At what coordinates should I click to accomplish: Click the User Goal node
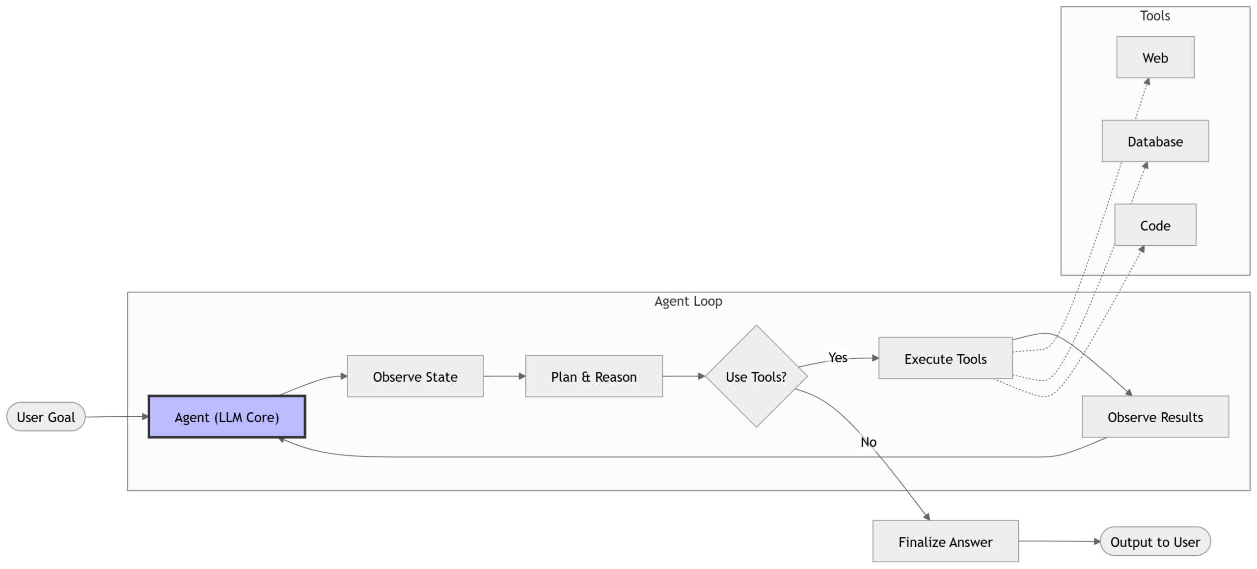pyautogui.click(x=46, y=417)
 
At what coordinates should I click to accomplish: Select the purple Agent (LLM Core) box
pyautogui.click(x=227, y=417)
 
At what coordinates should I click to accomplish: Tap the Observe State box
pyautogui.click(x=415, y=377)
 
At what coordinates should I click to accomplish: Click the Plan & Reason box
pyautogui.click(x=594, y=377)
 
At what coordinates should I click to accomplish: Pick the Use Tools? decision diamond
pyautogui.click(x=756, y=377)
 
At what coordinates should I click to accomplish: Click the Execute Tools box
pyautogui.click(x=945, y=359)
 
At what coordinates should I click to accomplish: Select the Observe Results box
pyautogui.click(x=1155, y=417)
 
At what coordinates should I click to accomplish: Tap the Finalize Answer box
pyautogui.click(x=945, y=541)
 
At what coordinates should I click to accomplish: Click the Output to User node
pyautogui.click(x=1155, y=541)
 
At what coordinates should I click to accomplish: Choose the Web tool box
pyautogui.click(x=1155, y=57)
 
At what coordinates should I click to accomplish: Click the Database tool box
pyautogui.click(x=1155, y=142)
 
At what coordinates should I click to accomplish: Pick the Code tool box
pyautogui.click(x=1155, y=226)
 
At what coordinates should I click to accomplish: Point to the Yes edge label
pyautogui.click(x=838, y=358)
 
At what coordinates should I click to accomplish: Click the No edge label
pyautogui.click(x=868, y=442)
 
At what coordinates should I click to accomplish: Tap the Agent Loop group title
pyautogui.click(x=688, y=301)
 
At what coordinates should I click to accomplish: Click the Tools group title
pyautogui.click(x=1155, y=16)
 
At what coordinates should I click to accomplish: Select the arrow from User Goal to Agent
pyautogui.click(x=117, y=417)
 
